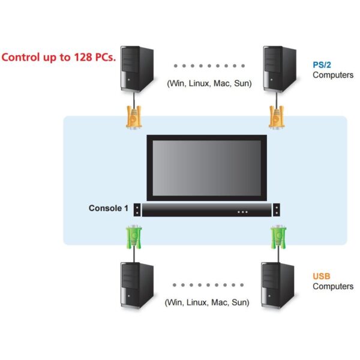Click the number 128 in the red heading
pos(83,57)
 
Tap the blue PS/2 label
pos(322,65)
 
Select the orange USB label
pos(321,276)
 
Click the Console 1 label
pos(109,208)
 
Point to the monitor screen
pos(206,168)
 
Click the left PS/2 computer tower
pos(137,69)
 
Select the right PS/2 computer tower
pos(280,69)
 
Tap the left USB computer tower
pos(137,285)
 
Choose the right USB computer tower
pos(278,285)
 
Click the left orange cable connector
pos(134,116)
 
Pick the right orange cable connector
pos(277,116)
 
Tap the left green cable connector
pos(134,237)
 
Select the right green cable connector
pos(278,237)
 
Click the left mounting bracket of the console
pos(137,210)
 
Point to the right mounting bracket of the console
pos(277,210)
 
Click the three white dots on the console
pos(242,212)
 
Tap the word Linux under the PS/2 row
pos(199,83)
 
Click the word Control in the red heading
pos(20,57)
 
